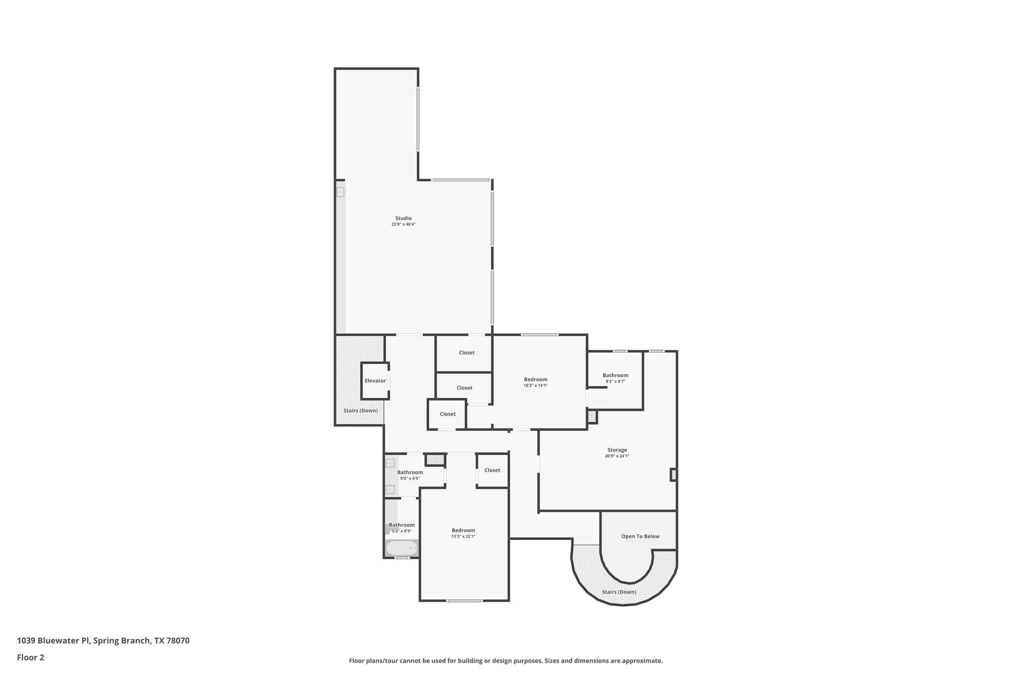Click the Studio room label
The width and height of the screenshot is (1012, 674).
(x=403, y=218)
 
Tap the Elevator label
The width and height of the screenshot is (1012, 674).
(x=375, y=381)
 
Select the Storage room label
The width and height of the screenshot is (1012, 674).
(x=617, y=450)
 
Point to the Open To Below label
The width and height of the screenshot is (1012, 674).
(x=640, y=536)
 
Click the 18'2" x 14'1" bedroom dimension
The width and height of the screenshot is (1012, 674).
(x=536, y=386)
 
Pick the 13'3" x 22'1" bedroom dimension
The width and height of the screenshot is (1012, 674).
(x=463, y=536)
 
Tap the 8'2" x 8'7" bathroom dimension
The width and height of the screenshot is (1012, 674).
(x=615, y=381)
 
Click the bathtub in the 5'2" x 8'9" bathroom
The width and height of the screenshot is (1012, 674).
(x=402, y=548)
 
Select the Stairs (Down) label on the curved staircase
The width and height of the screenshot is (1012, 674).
(x=619, y=592)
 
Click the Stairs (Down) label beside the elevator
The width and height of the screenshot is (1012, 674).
(x=360, y=410)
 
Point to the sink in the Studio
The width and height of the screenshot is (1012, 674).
(x=340, y=193)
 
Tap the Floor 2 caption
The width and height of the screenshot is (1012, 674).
(x=31, y=657)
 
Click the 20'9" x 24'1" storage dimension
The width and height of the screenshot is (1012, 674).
(x=617, y=456)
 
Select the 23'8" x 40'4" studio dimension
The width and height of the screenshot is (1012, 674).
(x=403, y=224)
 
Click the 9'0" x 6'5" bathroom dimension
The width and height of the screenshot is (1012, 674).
(x=410, y=478)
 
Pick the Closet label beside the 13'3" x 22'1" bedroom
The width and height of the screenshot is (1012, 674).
(x=492, y=470)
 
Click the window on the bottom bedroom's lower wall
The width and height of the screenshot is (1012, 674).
(x=464, y=600)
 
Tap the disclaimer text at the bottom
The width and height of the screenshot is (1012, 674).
(x=506, y=661)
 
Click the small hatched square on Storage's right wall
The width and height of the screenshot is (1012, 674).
(x=673, y=475)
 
